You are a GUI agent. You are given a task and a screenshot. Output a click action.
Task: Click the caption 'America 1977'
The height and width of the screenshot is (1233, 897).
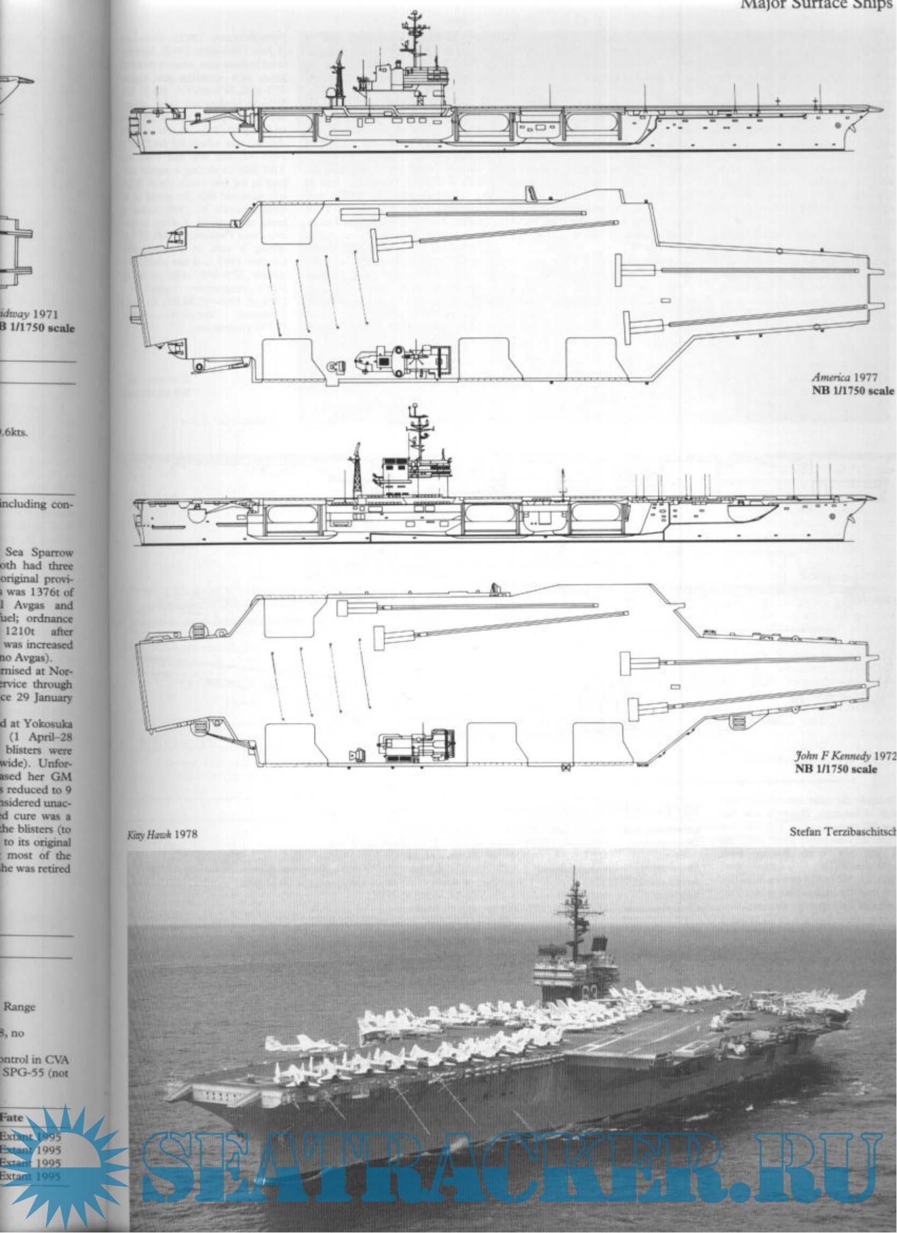(x=852, y=377)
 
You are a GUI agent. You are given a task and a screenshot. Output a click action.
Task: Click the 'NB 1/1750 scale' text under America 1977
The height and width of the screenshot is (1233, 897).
(x=852, y=390)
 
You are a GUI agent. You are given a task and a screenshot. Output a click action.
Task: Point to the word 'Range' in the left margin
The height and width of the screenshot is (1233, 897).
(x=19, y=1006)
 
